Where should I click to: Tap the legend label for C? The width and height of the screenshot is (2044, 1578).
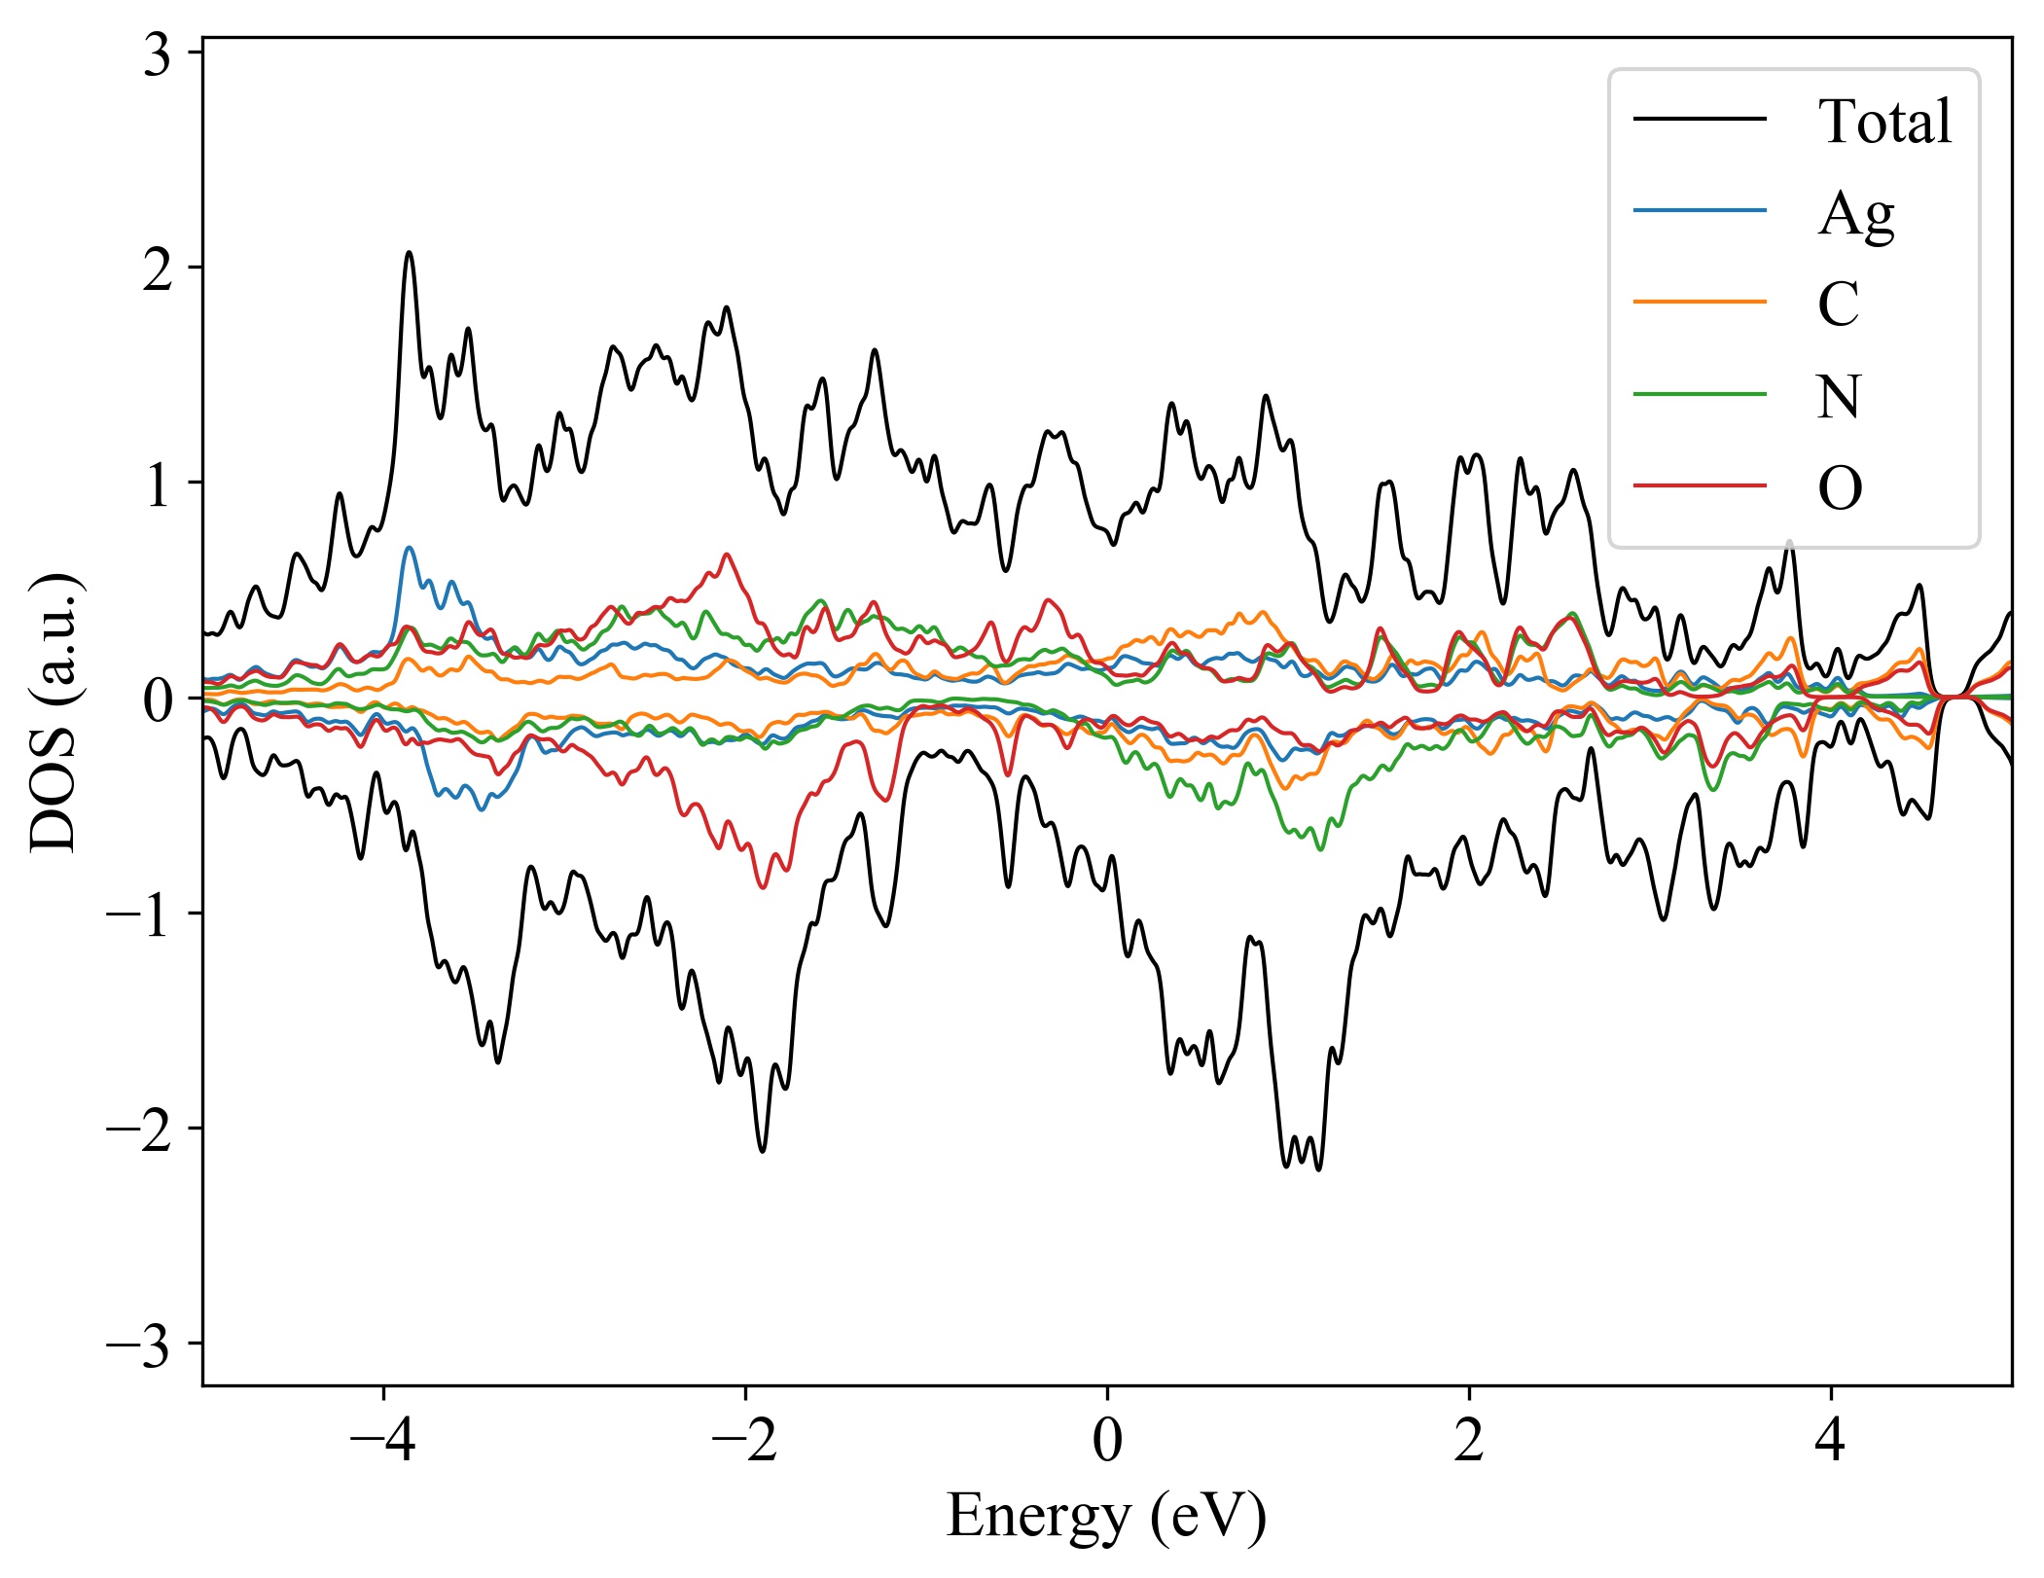tap(1838, 304)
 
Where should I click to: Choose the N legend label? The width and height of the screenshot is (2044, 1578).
tap(1839, 396)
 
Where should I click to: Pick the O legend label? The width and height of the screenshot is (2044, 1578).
tap(1839, 487)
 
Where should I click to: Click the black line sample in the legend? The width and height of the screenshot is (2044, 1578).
tap(1699, 120)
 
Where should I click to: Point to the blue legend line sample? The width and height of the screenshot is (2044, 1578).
tap(1699, 211)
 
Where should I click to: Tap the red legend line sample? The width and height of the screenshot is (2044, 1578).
tap(1699, 484)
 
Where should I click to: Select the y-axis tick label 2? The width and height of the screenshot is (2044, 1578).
tap(157, 269)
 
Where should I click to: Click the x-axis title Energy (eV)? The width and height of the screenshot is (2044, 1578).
tap(1106, 1516)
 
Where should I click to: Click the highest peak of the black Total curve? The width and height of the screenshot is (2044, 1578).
tap(409, 253)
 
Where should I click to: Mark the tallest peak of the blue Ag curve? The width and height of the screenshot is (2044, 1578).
tap(409, 548)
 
